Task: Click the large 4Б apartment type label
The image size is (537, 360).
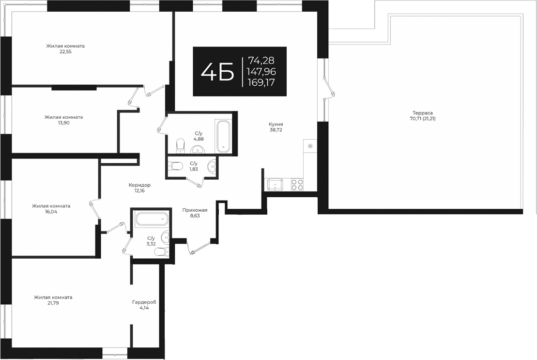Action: (217, 72)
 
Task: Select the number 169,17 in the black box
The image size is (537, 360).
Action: (261, 83)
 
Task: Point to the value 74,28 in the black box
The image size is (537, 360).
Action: (261, 61)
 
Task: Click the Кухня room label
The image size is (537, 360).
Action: (276, 124)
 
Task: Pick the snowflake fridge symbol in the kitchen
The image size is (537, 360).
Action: (310, 146)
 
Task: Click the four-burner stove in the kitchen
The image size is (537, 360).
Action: (297, 185)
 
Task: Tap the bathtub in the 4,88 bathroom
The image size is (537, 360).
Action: (223, 136)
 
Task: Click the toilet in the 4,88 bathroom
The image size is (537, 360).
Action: (181, 144)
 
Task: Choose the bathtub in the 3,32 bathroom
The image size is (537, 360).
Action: (151, 219)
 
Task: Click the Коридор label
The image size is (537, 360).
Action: (139, 185)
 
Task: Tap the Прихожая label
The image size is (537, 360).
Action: (195, 210)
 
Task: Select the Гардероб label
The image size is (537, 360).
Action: (144, 302)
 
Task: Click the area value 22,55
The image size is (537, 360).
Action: (65, 51)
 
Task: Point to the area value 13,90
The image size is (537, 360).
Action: (63, 123)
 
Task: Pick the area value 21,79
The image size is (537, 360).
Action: (53, 303)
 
